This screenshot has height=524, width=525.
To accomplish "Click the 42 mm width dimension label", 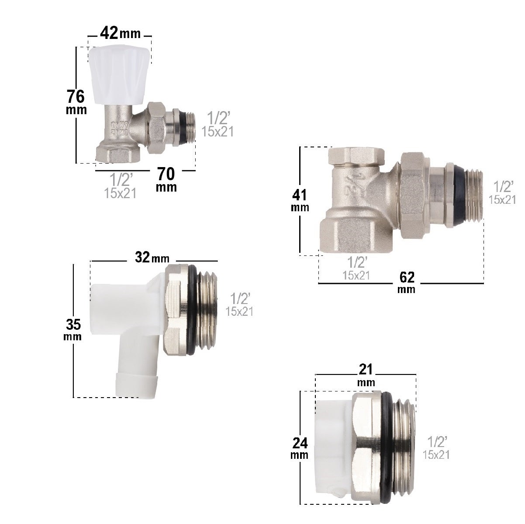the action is [x=120, y=33].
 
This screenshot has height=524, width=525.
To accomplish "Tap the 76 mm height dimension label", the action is [x=76, y=102].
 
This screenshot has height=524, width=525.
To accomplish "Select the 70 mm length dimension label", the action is [x=166, y=179].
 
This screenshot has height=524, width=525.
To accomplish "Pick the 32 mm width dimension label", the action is [x=152, y=257].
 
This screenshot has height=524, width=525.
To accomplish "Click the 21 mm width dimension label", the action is [x=366, y=375].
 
